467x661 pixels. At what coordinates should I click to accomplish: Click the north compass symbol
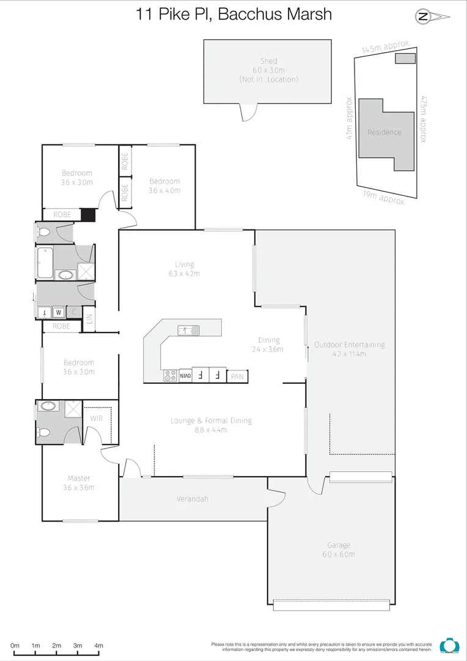tap(423, 17)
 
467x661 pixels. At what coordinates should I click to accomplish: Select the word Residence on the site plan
tap(384, 132)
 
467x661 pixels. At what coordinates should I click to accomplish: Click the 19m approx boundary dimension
tap(382, 198)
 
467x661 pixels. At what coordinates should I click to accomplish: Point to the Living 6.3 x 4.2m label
tap(184, 269)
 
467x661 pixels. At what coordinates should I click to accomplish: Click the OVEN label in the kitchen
tap(185, 375)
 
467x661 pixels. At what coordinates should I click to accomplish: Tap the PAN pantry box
tap(237, 377)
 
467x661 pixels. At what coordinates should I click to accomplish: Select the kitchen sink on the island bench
tap(188, 330)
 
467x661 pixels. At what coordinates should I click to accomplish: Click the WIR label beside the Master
tap(97, 418)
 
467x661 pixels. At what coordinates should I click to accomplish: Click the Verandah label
tap(193, 499)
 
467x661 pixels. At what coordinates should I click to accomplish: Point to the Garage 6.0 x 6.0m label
tap(338, 550)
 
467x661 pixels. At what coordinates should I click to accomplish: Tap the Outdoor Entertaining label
tap(349, 349)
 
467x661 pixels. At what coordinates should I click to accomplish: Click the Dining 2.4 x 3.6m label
tap(269, 345)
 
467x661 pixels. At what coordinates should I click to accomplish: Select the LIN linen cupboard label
tap(89, 319)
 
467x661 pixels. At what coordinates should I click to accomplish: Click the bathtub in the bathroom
tap(45, 264)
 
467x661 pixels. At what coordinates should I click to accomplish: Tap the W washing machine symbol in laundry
tap(59, 312)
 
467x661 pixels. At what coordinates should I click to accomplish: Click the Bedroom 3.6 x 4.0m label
tap(164, 185)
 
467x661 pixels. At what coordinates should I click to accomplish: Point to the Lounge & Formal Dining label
tap(211, 425)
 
